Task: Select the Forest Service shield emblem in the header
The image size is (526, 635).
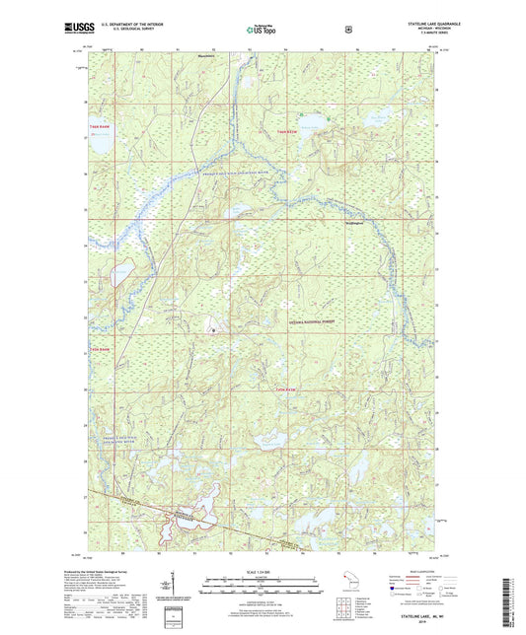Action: tap(347, 29)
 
